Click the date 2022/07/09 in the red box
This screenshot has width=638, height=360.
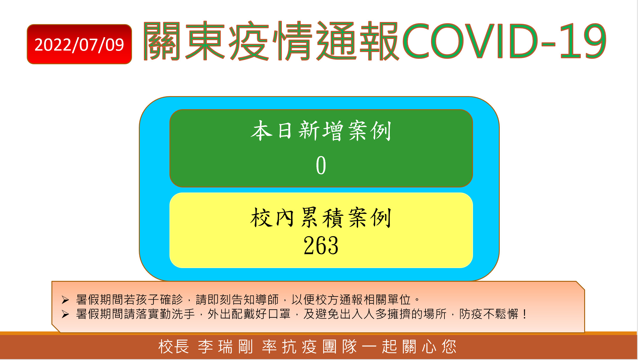[x=79, y=45]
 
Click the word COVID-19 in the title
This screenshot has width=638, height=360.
[x=505, y=41]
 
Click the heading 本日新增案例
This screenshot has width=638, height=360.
[x=321, y=131]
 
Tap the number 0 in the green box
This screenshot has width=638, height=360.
[x=321, y=165]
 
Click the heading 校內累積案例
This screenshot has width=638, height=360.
[x=321, y=217]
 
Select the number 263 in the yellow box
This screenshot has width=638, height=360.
[x=321, y=245]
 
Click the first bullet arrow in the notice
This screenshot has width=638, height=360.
[x=65, y=300]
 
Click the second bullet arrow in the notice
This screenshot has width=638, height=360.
[x=65, y=314]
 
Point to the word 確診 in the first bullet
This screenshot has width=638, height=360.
[x=172, y=300]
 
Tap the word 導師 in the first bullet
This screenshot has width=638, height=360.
[x=267, y=300]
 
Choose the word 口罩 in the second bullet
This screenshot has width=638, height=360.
[x=279, y=314]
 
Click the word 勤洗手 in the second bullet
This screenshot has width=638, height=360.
[x=177, y=314]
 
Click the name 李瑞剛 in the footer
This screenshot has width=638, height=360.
[x=226, y=347]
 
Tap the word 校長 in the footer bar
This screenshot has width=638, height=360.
[x=174, y=347]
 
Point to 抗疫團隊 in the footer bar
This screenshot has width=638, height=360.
[x=319, y=347]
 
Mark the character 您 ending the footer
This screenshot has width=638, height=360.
[x=449, y=347]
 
